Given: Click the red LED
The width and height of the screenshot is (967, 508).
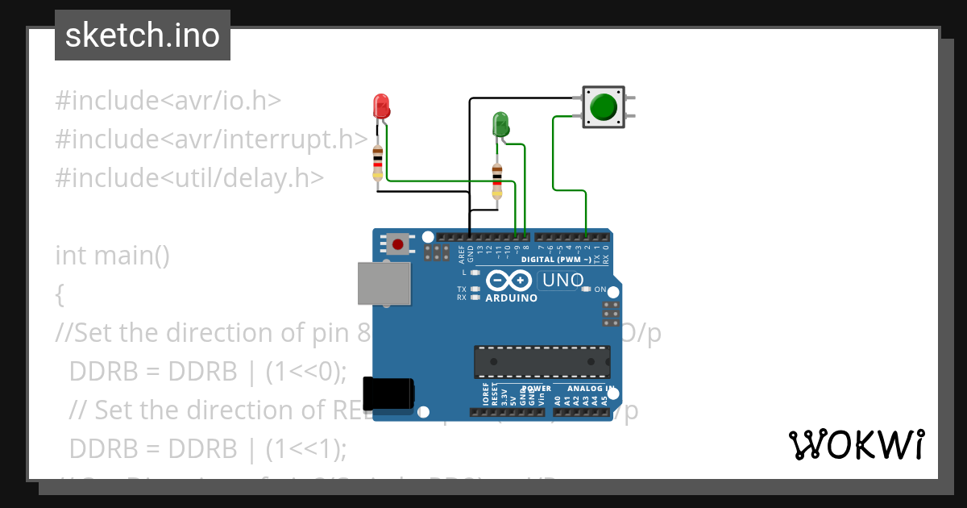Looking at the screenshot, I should point(381,106).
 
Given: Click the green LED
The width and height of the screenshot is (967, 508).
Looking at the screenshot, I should point(500,124).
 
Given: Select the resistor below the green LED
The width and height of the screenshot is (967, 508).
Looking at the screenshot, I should point(496,180).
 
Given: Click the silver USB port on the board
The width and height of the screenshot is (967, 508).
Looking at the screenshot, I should point(384,284).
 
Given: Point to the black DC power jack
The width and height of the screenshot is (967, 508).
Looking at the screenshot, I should point(388,393).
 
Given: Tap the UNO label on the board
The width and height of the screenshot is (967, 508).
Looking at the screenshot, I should point(562,281).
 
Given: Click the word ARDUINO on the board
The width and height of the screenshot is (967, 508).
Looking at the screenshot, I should point(511,298).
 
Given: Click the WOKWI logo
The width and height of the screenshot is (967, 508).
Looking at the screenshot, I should point(855,444).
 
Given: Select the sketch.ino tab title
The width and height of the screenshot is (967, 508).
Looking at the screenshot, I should point(142,35).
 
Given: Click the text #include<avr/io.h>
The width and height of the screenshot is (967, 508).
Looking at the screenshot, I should point(168,101).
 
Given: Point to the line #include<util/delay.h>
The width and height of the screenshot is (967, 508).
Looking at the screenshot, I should point(189,178).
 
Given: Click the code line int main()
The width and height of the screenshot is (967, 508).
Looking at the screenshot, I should point(112,256).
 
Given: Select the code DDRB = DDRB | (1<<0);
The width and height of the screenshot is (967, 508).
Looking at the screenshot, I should point(208,372).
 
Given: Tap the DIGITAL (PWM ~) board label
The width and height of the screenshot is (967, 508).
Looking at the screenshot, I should point(556,260).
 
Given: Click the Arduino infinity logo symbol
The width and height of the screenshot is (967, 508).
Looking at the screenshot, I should point(509,281).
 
